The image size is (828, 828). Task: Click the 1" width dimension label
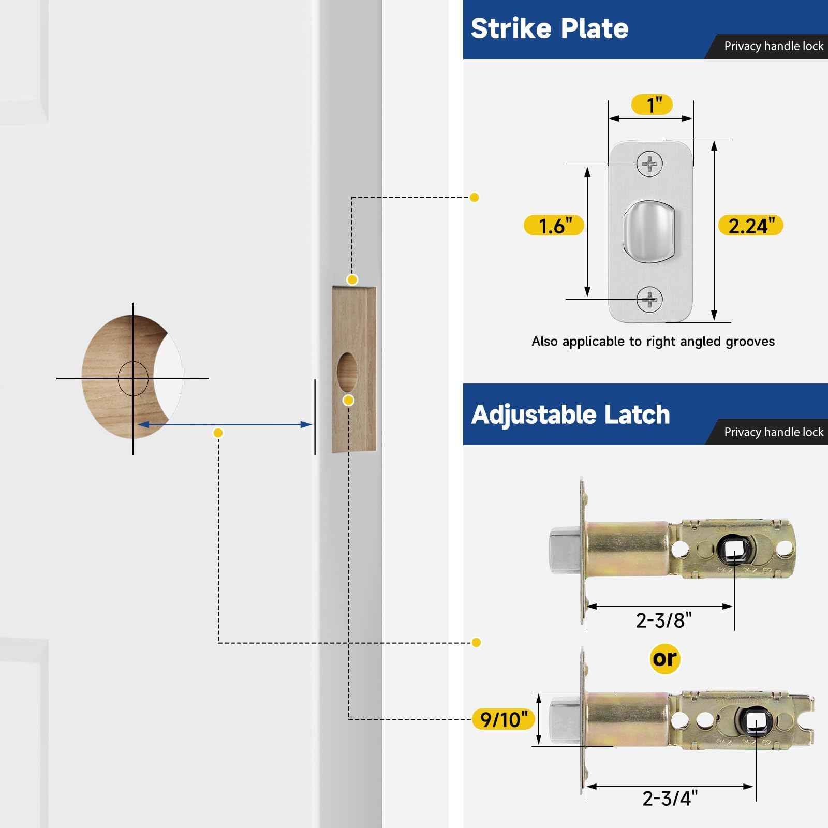652,105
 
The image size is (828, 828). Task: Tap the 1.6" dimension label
554,226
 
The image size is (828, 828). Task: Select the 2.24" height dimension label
751,226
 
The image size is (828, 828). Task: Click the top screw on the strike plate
649,164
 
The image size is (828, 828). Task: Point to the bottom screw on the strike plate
649,299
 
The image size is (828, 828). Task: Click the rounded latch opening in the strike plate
649,230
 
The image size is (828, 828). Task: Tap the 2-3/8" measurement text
663,620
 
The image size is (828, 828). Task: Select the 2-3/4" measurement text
670,798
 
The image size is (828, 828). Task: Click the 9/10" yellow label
504,719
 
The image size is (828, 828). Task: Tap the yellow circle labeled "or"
664,659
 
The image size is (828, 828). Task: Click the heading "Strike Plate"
549,28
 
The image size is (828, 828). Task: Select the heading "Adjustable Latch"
570,415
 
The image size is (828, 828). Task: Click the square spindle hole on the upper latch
734,551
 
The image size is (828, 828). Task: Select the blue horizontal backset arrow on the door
225,425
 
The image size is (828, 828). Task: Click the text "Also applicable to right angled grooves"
653,342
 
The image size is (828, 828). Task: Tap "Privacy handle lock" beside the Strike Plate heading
773,46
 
